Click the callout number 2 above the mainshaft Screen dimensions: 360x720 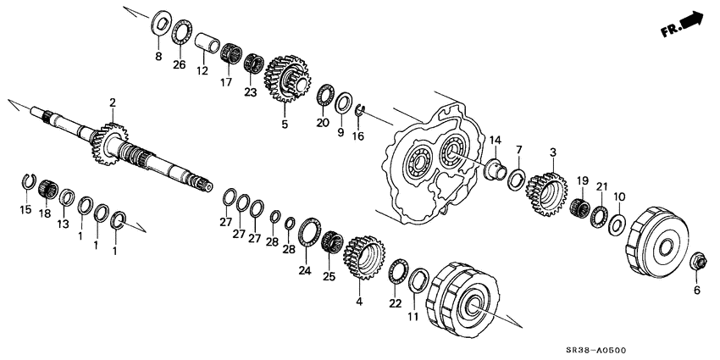click(112, 102)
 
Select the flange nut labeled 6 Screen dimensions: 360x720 click(699, 262)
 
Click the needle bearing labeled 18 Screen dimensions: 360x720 click(46, 187)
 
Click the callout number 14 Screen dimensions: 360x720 click(495, 140)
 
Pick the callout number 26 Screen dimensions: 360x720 click(179, 64)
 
